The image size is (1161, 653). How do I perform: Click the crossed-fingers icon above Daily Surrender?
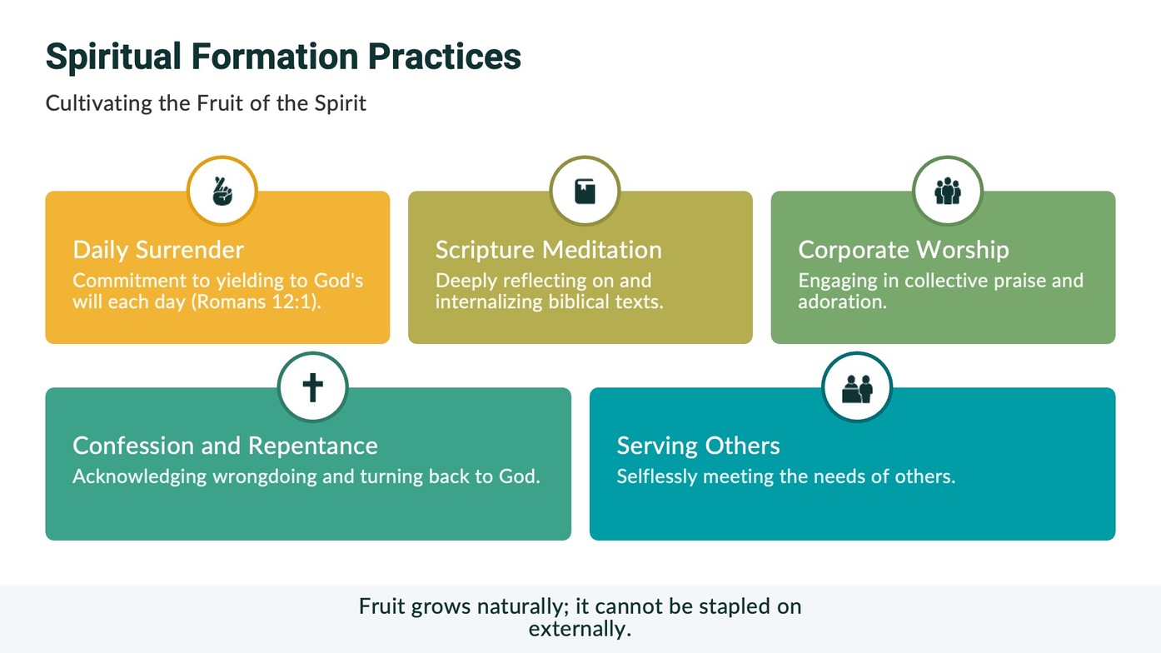tap(222, 192)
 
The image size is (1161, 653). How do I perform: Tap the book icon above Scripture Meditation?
tap(585, 192)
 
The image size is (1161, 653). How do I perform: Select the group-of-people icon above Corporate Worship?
tap(948, 192)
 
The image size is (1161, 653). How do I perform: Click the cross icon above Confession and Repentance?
tap(312, 387)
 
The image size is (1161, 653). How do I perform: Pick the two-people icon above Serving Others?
tap(857, 389)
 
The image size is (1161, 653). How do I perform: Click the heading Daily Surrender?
tap(158, 250)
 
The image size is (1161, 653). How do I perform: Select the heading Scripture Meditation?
tap(548, 250)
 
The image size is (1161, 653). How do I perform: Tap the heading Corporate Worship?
tap(904, 250)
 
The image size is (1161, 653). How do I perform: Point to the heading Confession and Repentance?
tap(225, 446)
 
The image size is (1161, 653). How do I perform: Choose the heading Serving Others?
tap(698, 446)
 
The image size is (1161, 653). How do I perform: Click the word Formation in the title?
tap(275, 56)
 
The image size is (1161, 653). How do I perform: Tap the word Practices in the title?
tap(445, 56)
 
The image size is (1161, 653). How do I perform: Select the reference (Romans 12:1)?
tap(257, 302)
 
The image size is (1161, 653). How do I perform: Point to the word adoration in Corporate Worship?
tap(842, 302)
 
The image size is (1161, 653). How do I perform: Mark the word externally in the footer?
tap(580, 629)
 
